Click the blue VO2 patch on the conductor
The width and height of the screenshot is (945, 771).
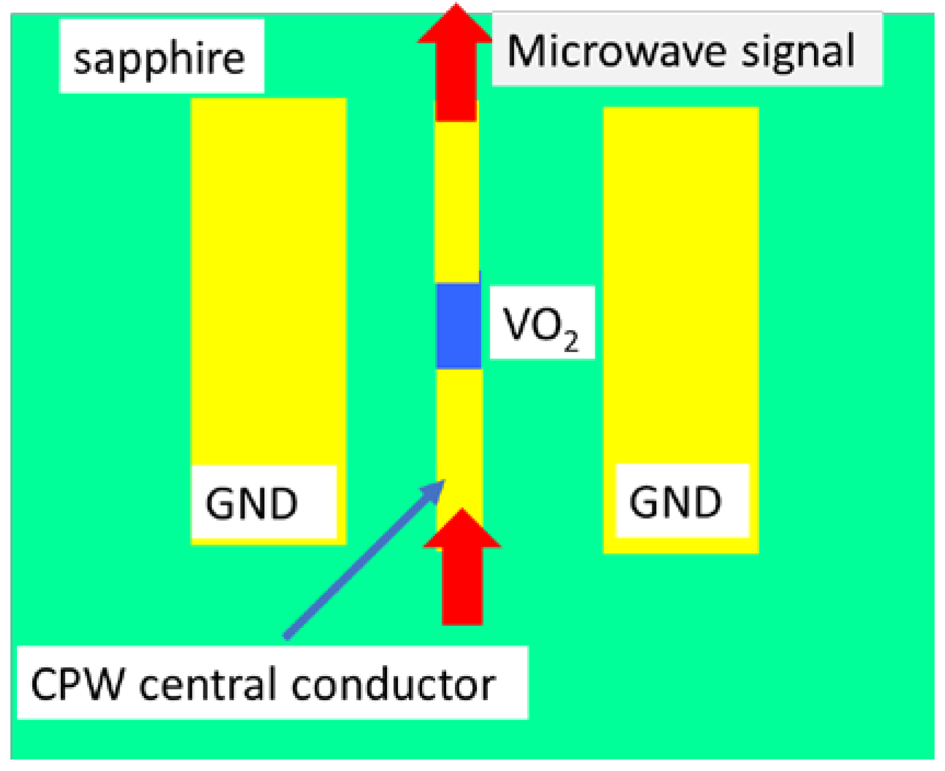[x=458, y=326]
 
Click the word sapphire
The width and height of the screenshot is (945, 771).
[x=159, y=58]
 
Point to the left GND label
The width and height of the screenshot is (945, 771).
[x=252, y=503]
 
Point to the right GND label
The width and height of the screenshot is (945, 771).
[x=675, y=502]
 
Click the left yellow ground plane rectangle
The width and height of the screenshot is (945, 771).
[x=269, y=274]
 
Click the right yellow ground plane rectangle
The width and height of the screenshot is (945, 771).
[x=681, y=274]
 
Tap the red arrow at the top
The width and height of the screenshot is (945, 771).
[x=456, y=66]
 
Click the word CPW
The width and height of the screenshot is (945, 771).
[x=77, y=684]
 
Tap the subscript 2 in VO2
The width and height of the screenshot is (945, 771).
[x=571, y=342]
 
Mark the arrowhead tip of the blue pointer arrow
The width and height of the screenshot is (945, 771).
[x=444, y=481]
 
